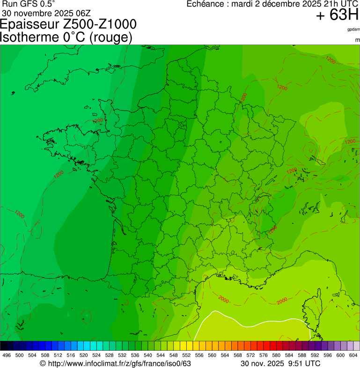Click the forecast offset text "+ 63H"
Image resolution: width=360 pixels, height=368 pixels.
tap(337, 15)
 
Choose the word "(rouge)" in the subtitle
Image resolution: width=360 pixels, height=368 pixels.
tap(110, 37)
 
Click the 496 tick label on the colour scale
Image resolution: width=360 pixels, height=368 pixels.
tap(7, 355)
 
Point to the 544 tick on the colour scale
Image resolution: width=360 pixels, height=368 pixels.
tap(161, 355)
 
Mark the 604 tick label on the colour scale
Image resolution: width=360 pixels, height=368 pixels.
tap(353, 355)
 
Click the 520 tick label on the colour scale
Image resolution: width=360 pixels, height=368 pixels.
tap(83, 355)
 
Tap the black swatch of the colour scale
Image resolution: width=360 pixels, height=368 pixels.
tap(4, 346)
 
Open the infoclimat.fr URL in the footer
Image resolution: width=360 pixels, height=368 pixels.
tap(115, 363)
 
